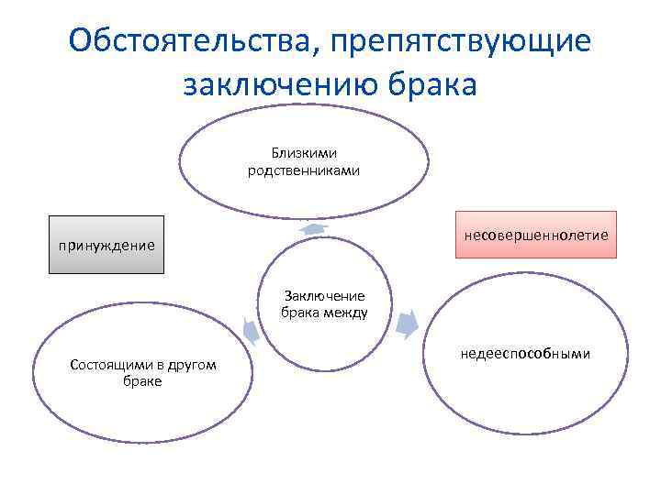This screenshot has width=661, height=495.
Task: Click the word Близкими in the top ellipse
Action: [x=303, y=153]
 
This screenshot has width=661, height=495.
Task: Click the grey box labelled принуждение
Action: [x=106, y=246]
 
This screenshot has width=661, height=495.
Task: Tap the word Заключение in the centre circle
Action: [x=324, y=295]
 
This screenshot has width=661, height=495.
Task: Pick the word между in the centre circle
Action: [x=350, y=312]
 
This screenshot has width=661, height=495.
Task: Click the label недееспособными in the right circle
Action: [x=525, y=354]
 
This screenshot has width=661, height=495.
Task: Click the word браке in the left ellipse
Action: [x=142, y=381]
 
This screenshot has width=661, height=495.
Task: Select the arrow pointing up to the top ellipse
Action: [x=315, y=228]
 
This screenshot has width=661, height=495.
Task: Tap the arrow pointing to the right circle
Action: [x=409, y=323]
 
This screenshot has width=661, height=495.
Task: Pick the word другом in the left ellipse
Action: [x=194, y=365]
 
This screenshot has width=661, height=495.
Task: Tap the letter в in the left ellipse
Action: [x=159, y=366]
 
